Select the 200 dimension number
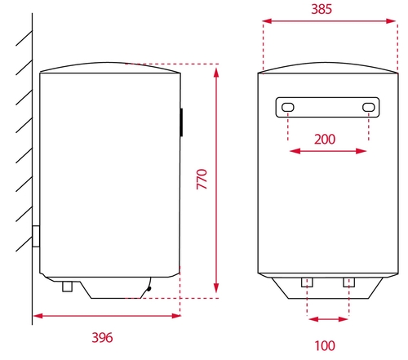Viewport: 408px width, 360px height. (x=325, y=139)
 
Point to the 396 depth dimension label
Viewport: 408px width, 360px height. (x=101, y=337)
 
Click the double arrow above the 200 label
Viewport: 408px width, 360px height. (x=328, y=151)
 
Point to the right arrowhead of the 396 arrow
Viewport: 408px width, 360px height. (x=177, y=316)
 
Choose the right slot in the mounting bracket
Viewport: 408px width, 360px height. (x=368, y=108)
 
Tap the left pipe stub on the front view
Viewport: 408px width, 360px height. (x=308, y=282)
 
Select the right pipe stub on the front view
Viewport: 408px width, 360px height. (x=348, y=282)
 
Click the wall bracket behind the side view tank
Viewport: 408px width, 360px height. (x=36, y=237)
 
